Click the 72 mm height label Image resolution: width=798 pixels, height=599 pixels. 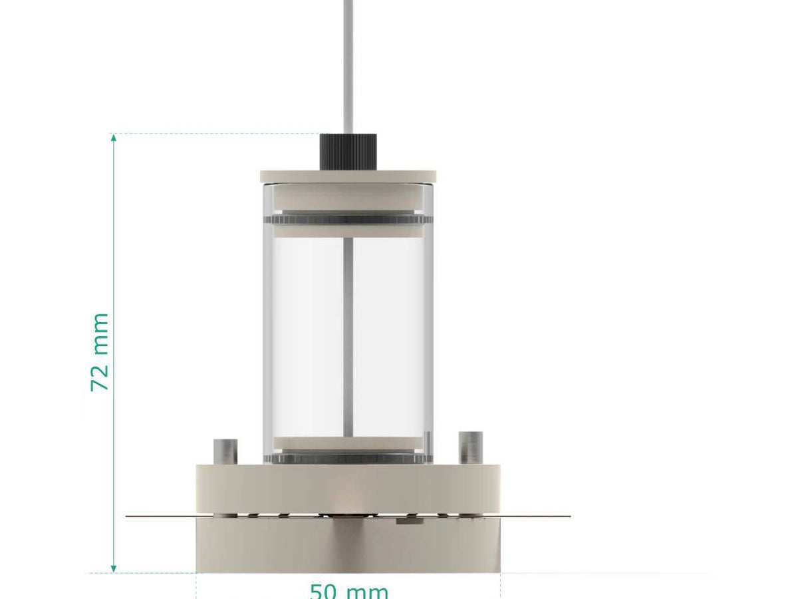100,352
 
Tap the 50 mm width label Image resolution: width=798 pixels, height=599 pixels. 348,591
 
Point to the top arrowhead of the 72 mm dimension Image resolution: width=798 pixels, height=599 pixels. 114,138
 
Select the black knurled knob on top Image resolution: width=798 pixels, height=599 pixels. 348,151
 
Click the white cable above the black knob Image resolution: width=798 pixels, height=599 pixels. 348,67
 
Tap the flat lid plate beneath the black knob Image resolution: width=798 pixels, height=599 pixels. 348,176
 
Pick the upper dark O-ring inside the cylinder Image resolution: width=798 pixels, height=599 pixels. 348,219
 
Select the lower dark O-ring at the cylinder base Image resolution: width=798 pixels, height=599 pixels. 348,458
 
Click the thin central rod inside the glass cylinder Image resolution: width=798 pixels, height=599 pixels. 348,333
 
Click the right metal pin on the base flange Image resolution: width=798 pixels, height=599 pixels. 471,447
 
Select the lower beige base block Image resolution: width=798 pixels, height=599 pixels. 348,546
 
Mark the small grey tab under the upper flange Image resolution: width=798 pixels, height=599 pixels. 409,520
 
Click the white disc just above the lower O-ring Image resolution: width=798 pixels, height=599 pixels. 348,443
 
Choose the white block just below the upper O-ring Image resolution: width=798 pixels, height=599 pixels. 348,230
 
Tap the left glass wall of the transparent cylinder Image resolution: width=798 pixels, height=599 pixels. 267,333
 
